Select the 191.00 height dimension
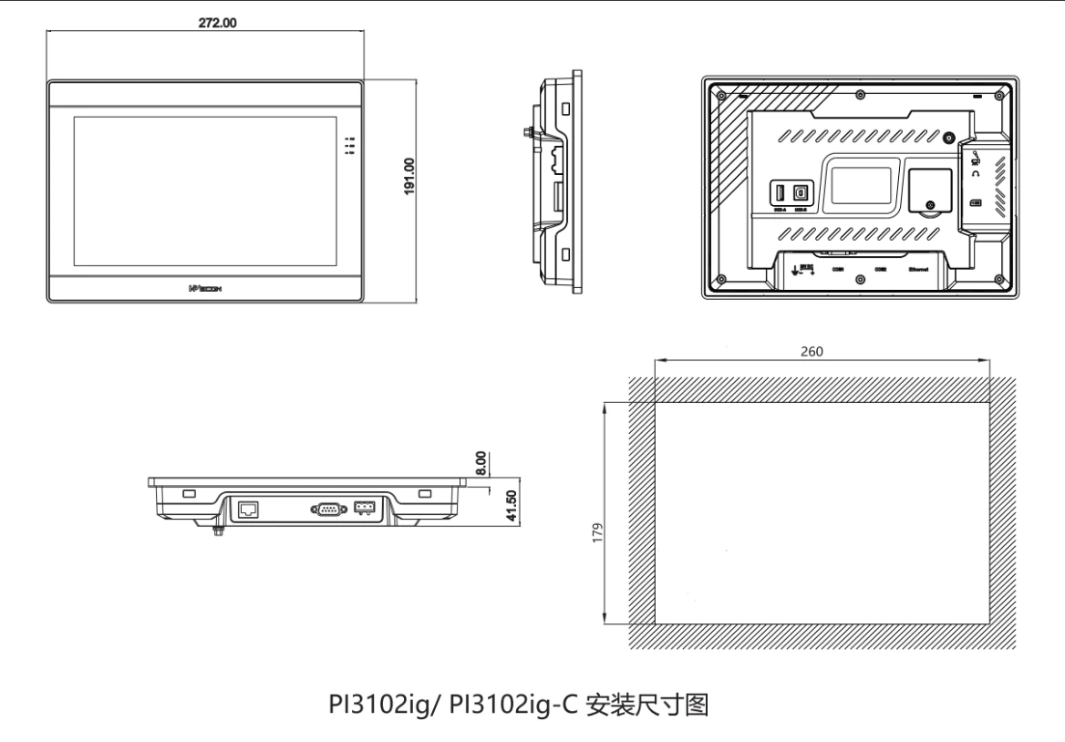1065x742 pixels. pos(410,176)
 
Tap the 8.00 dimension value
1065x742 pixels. pos(482,459)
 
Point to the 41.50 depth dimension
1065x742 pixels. pos(512,505)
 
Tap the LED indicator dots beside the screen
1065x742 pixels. pos(350,146)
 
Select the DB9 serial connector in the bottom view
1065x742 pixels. pos(326,509)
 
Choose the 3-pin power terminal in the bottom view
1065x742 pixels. pos(365,507)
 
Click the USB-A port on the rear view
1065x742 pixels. pos(780,193)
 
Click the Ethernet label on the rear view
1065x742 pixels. pos(922,270)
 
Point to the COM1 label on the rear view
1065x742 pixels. pos(838,270)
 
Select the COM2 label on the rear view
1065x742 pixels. pos(880,270)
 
